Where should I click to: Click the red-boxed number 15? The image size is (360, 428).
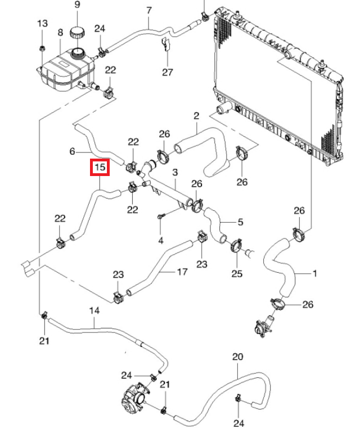click(x=100, y=167)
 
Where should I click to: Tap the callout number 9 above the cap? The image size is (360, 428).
click(x=78, y=6)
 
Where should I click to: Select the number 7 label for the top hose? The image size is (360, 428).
click(x=149, y=10)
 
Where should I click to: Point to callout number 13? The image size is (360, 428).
click(x=43, y=24)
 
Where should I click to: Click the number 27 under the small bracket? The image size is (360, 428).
click(x=168, y=72)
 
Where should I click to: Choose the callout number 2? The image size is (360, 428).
click(x=196, y=116)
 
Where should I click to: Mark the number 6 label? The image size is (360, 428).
click(x=72, y=151)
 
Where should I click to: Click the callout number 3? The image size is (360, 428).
click(x=175, y=172)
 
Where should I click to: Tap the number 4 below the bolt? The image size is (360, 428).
click(x=161, y=241)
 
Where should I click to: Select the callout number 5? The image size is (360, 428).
click(x=240, y=222)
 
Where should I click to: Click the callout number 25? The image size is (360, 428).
click(x=237, y=274)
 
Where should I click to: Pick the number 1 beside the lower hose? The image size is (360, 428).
click(x=314, y=274)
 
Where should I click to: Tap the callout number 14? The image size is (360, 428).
click(x=94, y=310)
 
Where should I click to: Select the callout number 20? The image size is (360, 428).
click(x=237, y=357)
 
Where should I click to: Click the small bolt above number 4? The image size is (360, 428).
click(x=161, y=217)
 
